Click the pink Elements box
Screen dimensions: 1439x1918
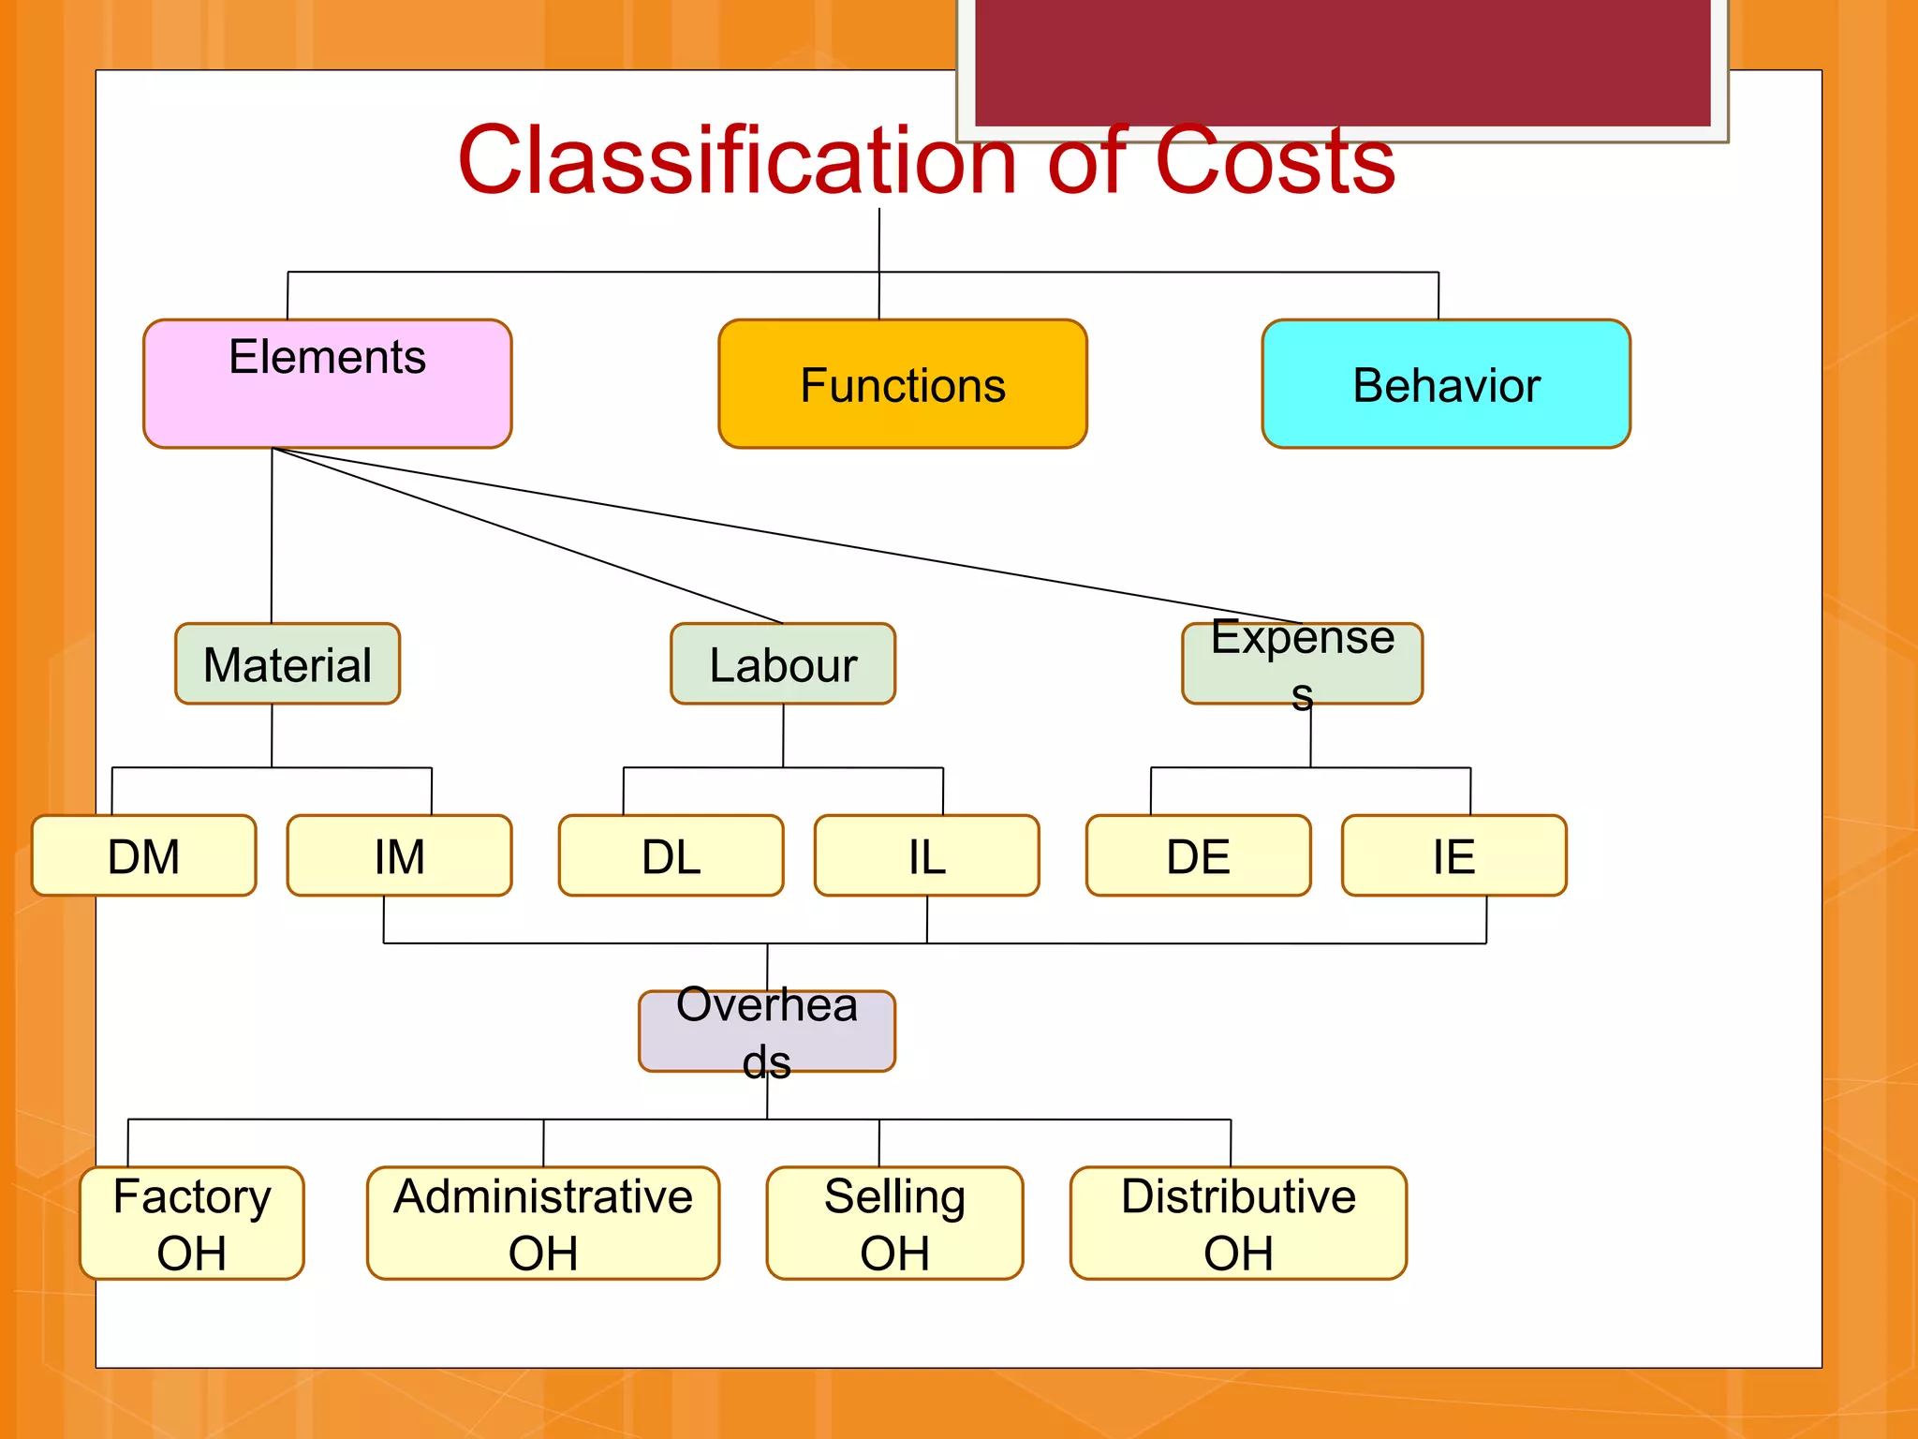point(327,383)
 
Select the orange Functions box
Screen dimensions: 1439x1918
point(902,384)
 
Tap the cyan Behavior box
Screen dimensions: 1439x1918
point(1445,384)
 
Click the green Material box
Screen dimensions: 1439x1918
point(288,663)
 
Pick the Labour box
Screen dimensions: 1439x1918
point(783,663)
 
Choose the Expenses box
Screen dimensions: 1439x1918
point(1302,663)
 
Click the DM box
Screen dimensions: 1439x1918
point(143,855)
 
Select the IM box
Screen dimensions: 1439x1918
point(399,855)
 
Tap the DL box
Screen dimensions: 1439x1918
point(671,855)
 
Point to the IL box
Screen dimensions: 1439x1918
point(926,855)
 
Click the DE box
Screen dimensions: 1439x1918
point(1198,855)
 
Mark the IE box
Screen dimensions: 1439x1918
point(1453,855)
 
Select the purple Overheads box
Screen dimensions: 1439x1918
point(766,1031)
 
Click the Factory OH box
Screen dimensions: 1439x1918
point(192,1223)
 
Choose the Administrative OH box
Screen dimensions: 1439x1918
point(543,1223)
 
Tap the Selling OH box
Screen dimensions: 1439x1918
point(894,1223)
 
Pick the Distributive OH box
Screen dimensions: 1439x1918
point(1238,1223)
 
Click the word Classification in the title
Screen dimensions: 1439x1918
point(736,161)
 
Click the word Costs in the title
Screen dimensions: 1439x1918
point(1275,161)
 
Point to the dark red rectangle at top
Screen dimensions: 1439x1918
point(1342,61)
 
